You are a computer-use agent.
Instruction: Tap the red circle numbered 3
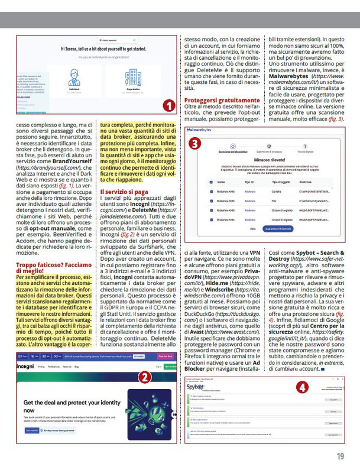(193, 144)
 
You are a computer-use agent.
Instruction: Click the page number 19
(340, 456)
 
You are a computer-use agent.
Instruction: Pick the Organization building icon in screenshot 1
(133, 77)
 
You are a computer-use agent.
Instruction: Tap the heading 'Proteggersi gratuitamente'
(221, 101)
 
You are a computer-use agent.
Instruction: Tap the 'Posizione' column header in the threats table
(306, 183)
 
